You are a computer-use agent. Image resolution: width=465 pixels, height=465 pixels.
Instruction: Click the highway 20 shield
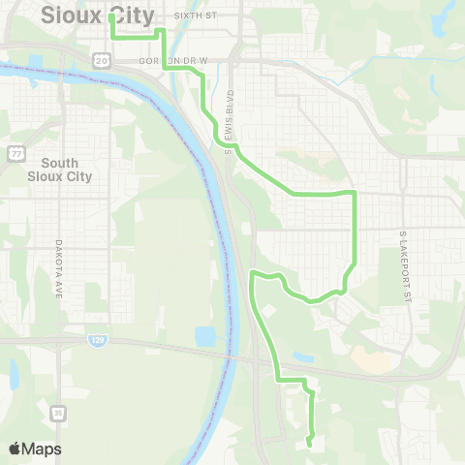click(103, 60)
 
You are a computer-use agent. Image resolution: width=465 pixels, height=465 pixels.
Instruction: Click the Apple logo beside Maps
click(15, 449)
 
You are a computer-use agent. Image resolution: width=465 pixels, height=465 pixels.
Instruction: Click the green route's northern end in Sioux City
click(112, 17)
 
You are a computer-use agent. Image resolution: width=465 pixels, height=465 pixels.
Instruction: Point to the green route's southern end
click(309, 444)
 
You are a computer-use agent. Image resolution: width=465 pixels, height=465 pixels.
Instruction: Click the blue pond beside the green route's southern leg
click(303, 357)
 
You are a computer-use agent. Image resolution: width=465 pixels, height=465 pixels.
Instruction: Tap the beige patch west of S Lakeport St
click(372, 358)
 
